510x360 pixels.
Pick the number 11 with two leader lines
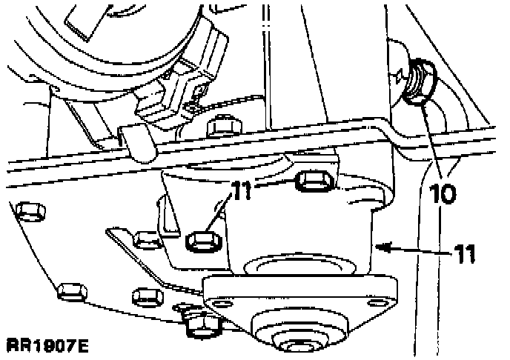[236, 189]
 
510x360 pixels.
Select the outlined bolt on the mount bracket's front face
[201, 241]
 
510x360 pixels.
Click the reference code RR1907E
[48, 345]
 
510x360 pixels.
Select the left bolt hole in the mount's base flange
[220, 302]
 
